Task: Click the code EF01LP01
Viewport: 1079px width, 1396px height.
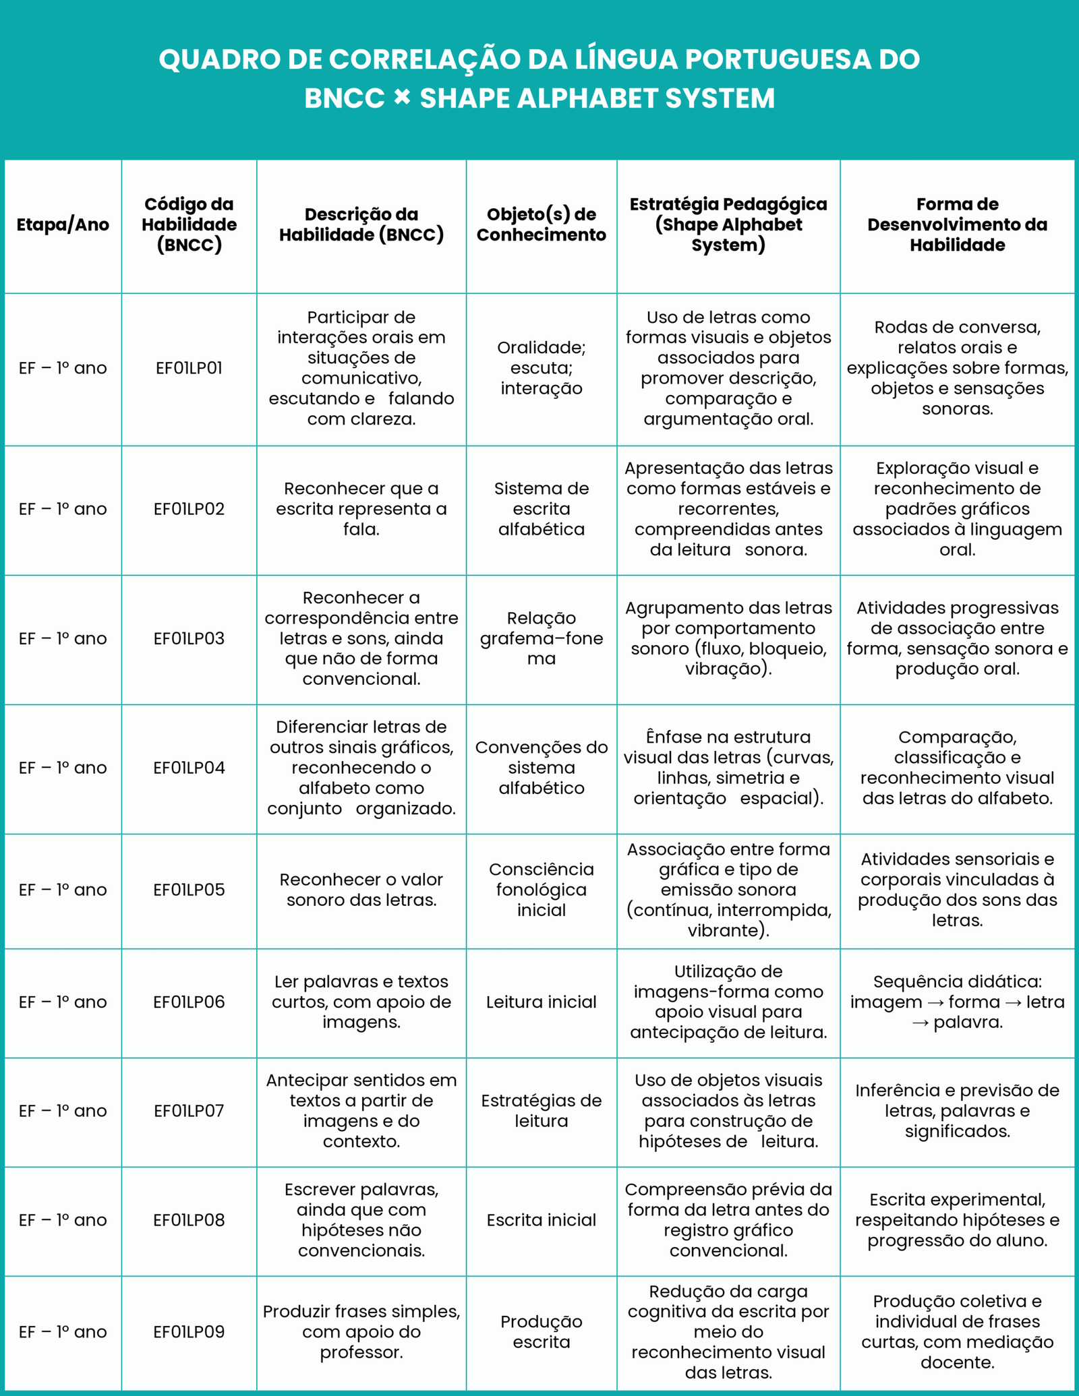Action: [x=189, y=368]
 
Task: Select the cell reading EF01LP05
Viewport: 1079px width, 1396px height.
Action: [x=189, y=890]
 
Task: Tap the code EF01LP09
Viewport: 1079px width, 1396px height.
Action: [x=189, y=1332]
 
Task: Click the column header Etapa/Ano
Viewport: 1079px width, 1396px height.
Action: [x=63, y=224]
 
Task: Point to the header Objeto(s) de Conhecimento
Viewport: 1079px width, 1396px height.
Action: [x=541, y=224]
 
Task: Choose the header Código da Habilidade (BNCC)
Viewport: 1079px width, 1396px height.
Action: [x=189, y=224]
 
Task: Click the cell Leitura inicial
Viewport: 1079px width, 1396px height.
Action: [x=541, y=1002]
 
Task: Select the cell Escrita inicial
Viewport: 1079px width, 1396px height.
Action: [x=541, y=1220]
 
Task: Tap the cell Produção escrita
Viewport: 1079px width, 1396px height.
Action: [x=541, y=1332]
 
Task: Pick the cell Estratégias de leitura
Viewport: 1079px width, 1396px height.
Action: [x=541, y=1111]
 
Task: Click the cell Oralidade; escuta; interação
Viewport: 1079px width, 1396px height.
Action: [x=541, y=368]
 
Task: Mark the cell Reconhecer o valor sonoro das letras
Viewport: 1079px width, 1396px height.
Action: [x=361, y=890]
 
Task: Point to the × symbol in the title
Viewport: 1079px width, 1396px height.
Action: [x=402, y=98]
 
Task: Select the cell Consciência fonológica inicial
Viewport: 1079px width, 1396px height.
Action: [x=541, y=890]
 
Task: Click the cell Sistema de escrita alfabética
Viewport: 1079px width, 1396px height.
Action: [x=541, y=509]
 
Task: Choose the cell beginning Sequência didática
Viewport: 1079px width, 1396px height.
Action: [x=957, y=1002]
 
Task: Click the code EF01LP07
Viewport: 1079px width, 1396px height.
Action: [x=189, y=1111]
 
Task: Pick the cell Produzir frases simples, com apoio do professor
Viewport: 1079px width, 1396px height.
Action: [x=361, y=1332]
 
